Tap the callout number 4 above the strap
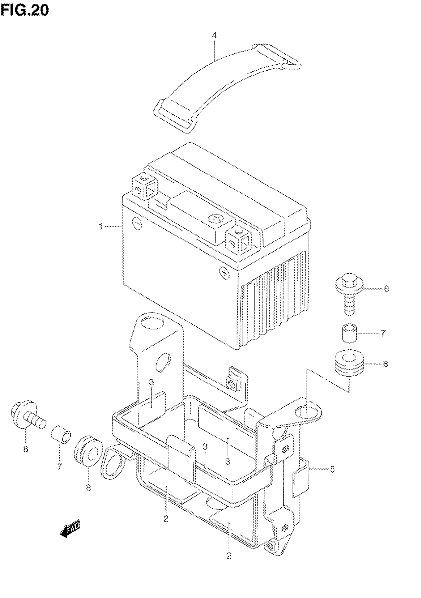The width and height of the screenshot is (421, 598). click(x=214, y=35)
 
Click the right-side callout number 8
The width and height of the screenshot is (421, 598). click(x=385, y=364)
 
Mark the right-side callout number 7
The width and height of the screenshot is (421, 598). click(x=383, y=333)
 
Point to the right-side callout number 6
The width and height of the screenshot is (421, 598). click(x=386, y=288)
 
